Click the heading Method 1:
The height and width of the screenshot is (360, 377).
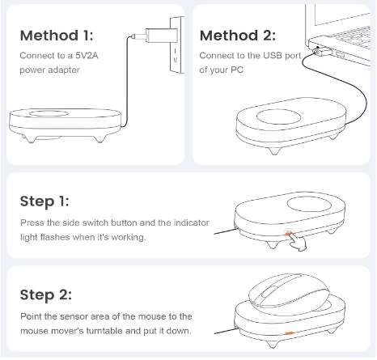coord(57,36)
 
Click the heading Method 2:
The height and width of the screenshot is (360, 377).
coord(236,36)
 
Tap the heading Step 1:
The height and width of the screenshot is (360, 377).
coord(47,200)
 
